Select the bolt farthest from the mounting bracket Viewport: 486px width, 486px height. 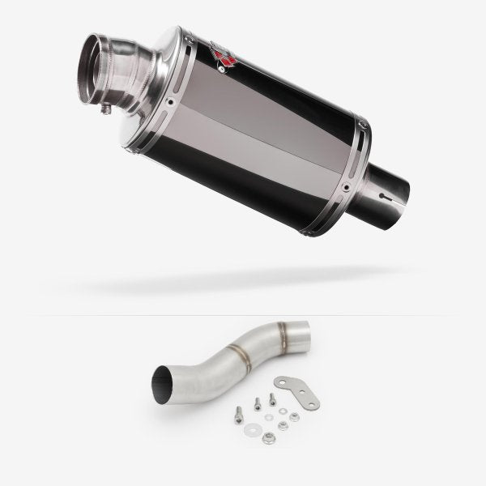click(238, 411)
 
